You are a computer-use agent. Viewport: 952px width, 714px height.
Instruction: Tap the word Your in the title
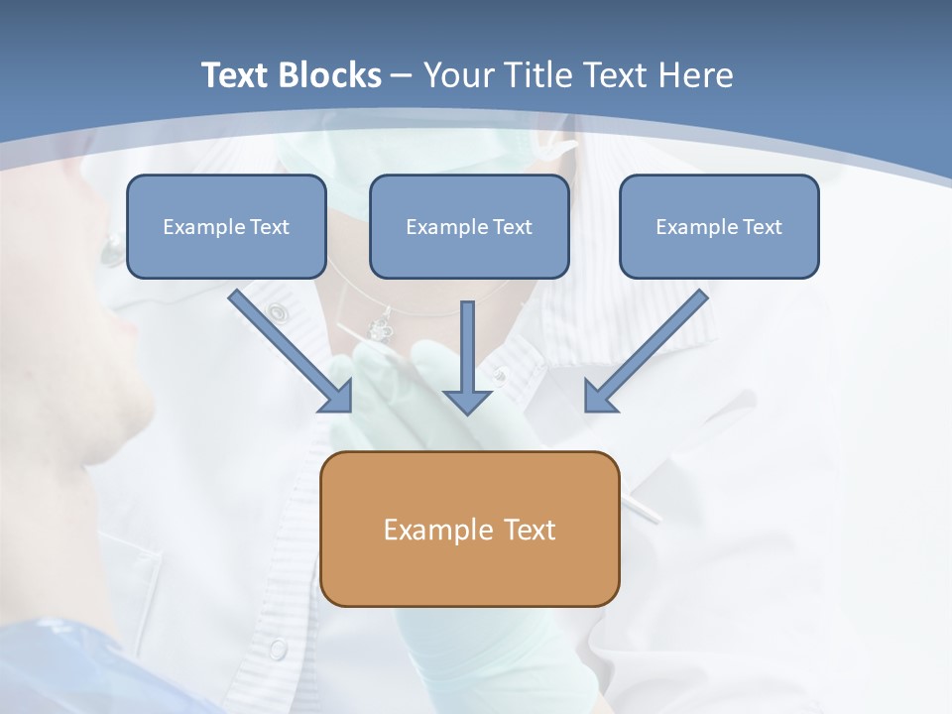(462, 75)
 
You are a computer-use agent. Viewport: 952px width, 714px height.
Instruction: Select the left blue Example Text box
(226, 226)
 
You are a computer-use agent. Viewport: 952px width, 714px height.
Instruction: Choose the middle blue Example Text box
(469, 226)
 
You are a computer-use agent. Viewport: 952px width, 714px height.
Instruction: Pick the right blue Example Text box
(719, 226)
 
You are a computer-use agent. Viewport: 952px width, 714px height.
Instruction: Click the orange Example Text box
(469, 529)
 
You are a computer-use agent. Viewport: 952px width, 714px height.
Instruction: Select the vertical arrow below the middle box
(467, 357)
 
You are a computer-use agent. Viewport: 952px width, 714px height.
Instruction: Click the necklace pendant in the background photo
(380, 325)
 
